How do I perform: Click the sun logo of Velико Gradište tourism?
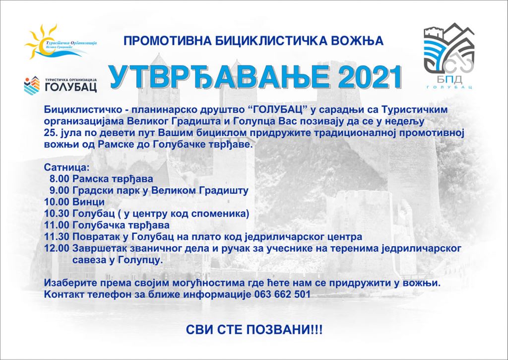tap(41, 42)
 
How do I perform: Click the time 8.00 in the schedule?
tap(60, 179)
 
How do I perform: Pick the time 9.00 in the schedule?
tap(60, 190)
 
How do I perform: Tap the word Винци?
tap(88, 202)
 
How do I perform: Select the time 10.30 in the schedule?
tap(57, 214)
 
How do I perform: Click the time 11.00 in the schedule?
tap(57, 225)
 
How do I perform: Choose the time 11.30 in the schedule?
tap(57, 237)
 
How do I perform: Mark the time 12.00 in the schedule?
tap(57, 248)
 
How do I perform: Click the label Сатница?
tap(66, 168)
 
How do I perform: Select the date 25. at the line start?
tap(50, 133)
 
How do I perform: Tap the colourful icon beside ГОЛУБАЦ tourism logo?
tap(32, 85)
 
